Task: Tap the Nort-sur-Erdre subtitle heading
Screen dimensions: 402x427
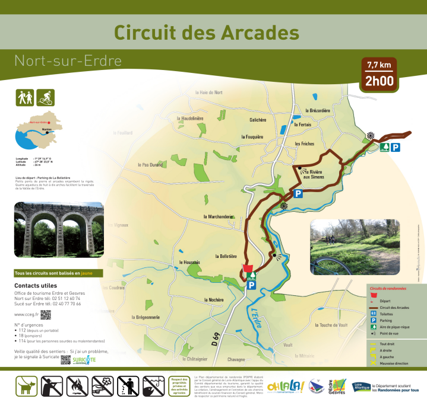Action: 68,60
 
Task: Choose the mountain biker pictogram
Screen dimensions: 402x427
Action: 45,97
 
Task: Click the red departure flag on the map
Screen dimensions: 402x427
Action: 247,267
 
